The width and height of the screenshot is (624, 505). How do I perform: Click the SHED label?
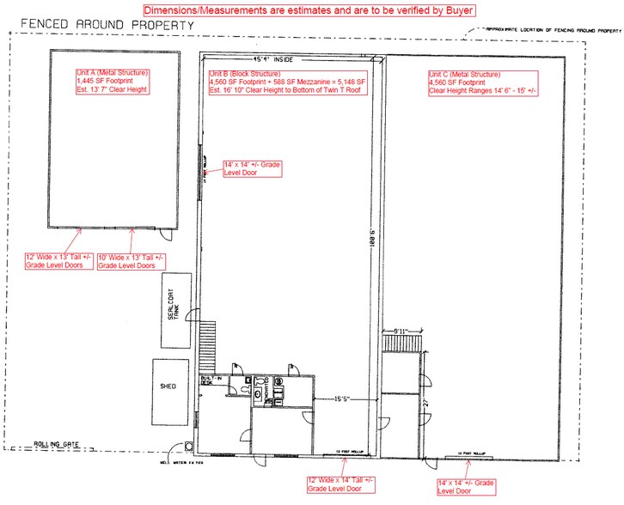tap(168, 386)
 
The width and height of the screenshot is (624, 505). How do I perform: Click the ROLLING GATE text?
tap(57, 444)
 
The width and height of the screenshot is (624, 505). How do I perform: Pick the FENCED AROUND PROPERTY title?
tap(101, 24)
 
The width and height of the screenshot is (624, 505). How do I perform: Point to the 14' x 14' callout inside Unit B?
tap(251, 168)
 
